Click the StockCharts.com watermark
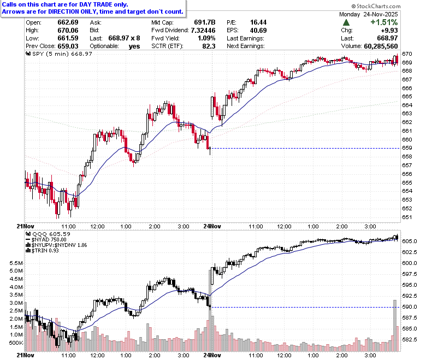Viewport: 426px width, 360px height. click(x=376, y=6)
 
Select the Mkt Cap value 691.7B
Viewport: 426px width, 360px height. click(x=205, y=22)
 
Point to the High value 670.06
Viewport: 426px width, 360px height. click(x=68, y=30)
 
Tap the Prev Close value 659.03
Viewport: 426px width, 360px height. click(x=68, y=46)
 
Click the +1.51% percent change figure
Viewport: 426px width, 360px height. click(x=384, y=22)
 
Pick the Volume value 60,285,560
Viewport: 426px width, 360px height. click(x=381, y=46)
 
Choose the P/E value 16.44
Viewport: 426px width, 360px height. click(x=258, y=22)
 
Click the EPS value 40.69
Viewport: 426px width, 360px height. click(x=258, y=30)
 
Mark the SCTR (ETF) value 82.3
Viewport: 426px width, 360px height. click(x=209, y=46)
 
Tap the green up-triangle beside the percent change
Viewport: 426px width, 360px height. click(x=346, y=22)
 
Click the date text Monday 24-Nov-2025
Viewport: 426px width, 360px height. click(x=369, y=14)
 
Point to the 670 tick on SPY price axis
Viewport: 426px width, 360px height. click(x=407, y=54)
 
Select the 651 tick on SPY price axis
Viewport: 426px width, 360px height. click(x=407, y=217)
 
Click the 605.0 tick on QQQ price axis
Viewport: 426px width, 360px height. click(x=410, y=241)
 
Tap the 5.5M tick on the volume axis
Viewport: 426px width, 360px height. click(x=16, y=263)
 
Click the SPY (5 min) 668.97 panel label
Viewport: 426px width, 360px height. click(x=59, y=54)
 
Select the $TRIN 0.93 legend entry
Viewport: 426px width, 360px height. click(x=43, y=251)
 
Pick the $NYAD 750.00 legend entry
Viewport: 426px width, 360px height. click(x=46, y=240)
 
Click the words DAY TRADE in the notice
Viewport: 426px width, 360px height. click(x=96, y=4)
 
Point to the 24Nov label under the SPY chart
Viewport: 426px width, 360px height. click(x=212, y=226)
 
